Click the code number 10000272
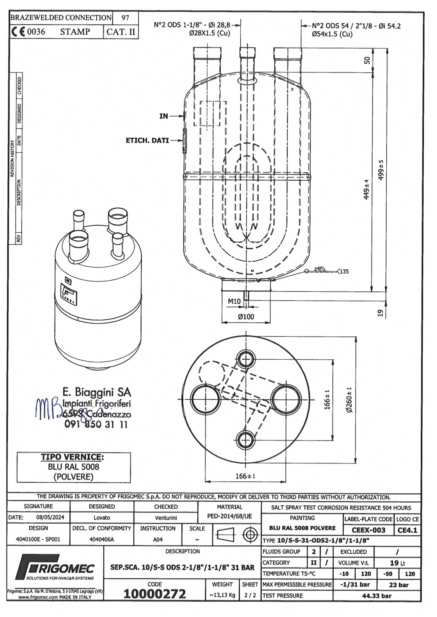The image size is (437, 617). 154,594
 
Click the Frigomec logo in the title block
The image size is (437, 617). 55,567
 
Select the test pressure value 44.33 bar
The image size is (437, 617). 376,596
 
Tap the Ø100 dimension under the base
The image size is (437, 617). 246,316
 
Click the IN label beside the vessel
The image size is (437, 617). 164,116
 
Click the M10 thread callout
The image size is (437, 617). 234,301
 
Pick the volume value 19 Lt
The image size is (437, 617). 397,563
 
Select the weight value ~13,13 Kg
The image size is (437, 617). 222,595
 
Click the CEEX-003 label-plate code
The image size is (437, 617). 368,530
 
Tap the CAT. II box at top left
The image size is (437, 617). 121,32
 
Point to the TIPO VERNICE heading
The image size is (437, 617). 72,457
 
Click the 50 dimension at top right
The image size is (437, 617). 367,60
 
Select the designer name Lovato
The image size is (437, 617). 102,518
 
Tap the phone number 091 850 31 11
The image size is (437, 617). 96,424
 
